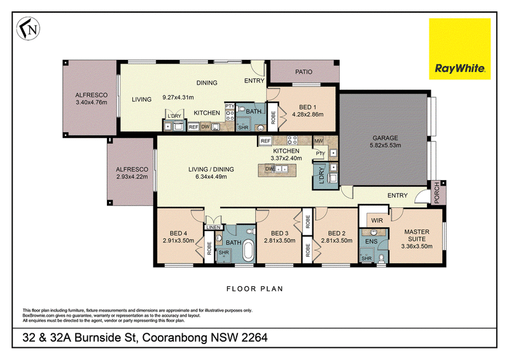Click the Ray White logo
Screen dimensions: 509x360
[459, 49]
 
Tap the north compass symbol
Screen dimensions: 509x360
[28, 29]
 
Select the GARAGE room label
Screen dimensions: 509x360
[385, 138]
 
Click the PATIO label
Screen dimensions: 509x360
[304, 72]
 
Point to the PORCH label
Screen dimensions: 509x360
[437, 193]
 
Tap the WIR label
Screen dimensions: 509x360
[377, 221]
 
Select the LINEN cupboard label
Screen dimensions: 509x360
[214, 228]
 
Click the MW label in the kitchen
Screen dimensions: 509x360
[319, 141]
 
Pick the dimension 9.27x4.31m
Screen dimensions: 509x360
[178, 97]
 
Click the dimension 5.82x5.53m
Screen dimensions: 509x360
[386, 145]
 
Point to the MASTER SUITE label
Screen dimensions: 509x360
[417, 235]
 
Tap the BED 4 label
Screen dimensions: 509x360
[178, 233]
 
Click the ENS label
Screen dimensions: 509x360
[372, 242]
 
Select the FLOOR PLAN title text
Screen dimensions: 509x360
[255, 289]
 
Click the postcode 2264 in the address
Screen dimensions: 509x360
[254, 338]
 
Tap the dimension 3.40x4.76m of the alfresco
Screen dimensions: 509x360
[91, 102]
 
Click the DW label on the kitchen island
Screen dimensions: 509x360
[269, 169]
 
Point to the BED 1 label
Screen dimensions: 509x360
[308, 107]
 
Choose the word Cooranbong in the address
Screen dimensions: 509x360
[174, 338]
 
